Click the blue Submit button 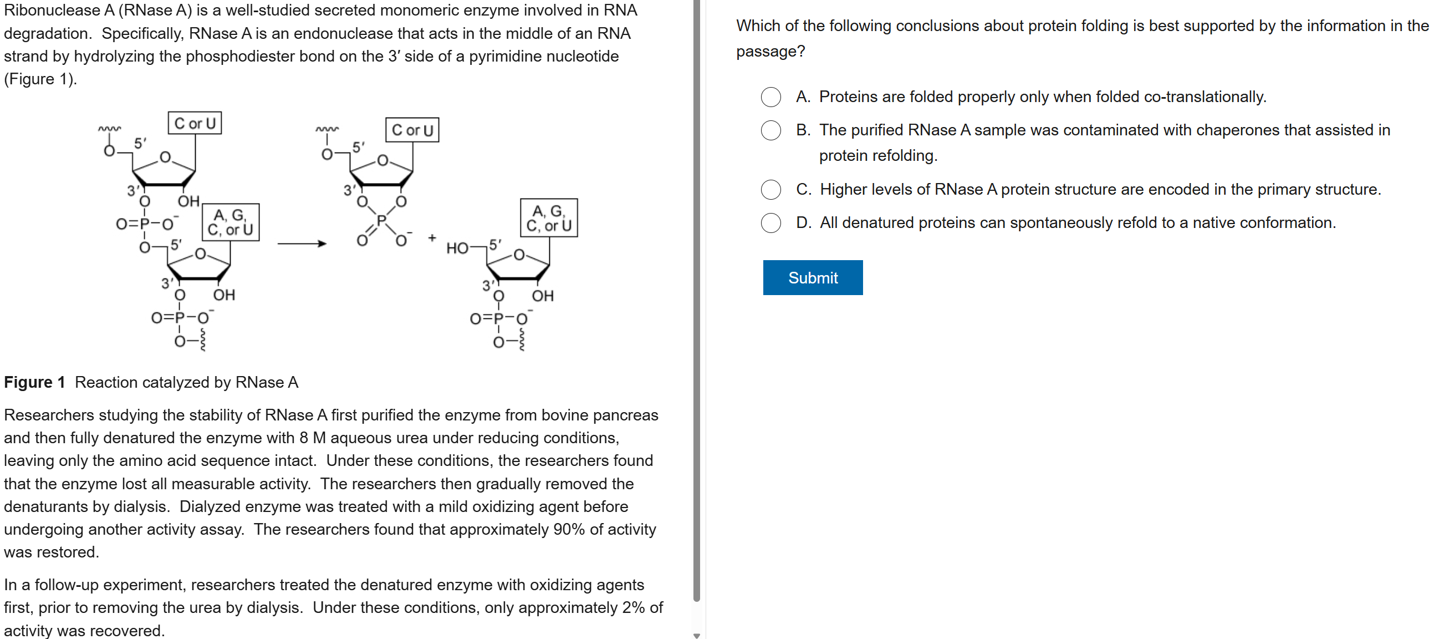(812, 277)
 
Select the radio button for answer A (770, 97)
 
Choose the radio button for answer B (770, 130)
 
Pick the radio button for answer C (770, 189)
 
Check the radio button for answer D (770, 223)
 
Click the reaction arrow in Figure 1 (301, 244)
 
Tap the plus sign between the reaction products (432, 238)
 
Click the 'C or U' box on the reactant (195, 123)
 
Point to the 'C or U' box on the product (412, 130)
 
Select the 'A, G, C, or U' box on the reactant (231, 222)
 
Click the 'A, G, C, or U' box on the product (549, 218)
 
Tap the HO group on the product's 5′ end (457, 248)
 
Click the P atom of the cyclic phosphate (381, 221)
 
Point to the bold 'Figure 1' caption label (34, 382)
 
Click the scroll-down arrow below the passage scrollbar (696, 635)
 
